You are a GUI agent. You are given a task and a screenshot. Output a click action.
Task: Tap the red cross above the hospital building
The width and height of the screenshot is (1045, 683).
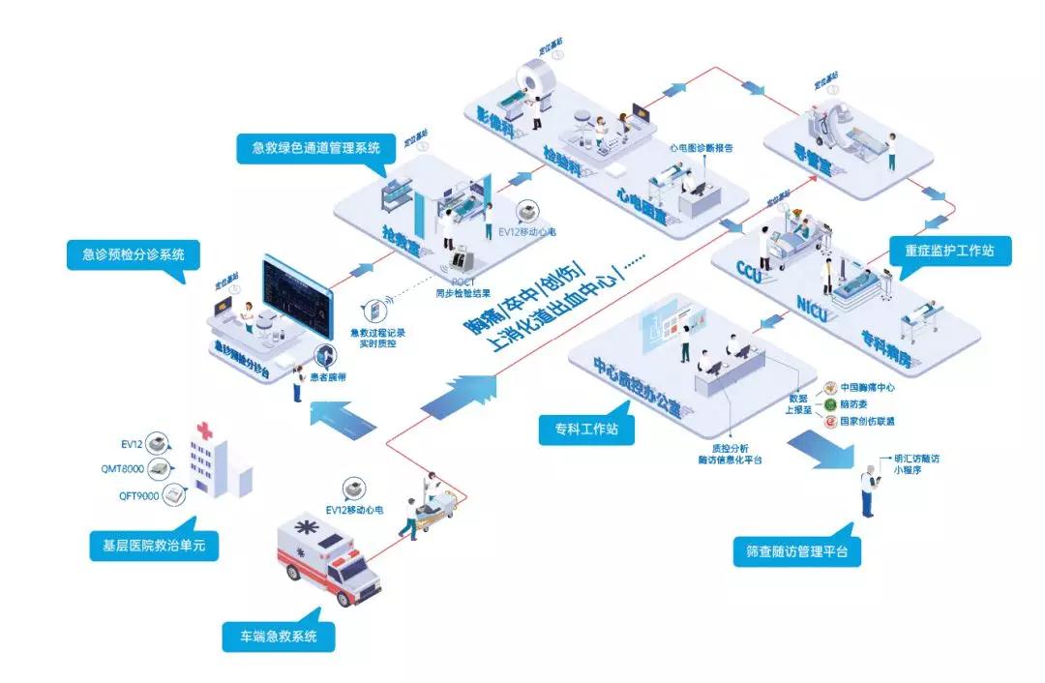pyautogui.click(x=205, y=430)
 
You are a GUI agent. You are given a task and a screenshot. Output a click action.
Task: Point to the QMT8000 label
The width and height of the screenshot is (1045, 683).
pyautogui.click(x=136, y=469)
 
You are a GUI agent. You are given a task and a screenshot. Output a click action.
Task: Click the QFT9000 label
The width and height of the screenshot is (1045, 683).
pyautogui.click(x=136, y=495)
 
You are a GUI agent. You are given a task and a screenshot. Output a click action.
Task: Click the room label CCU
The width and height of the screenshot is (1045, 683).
pyautogui.click(x=749, y=268)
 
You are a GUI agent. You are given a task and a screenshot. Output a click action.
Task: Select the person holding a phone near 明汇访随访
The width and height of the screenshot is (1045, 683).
pyautogui.click(x=869, y=490)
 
